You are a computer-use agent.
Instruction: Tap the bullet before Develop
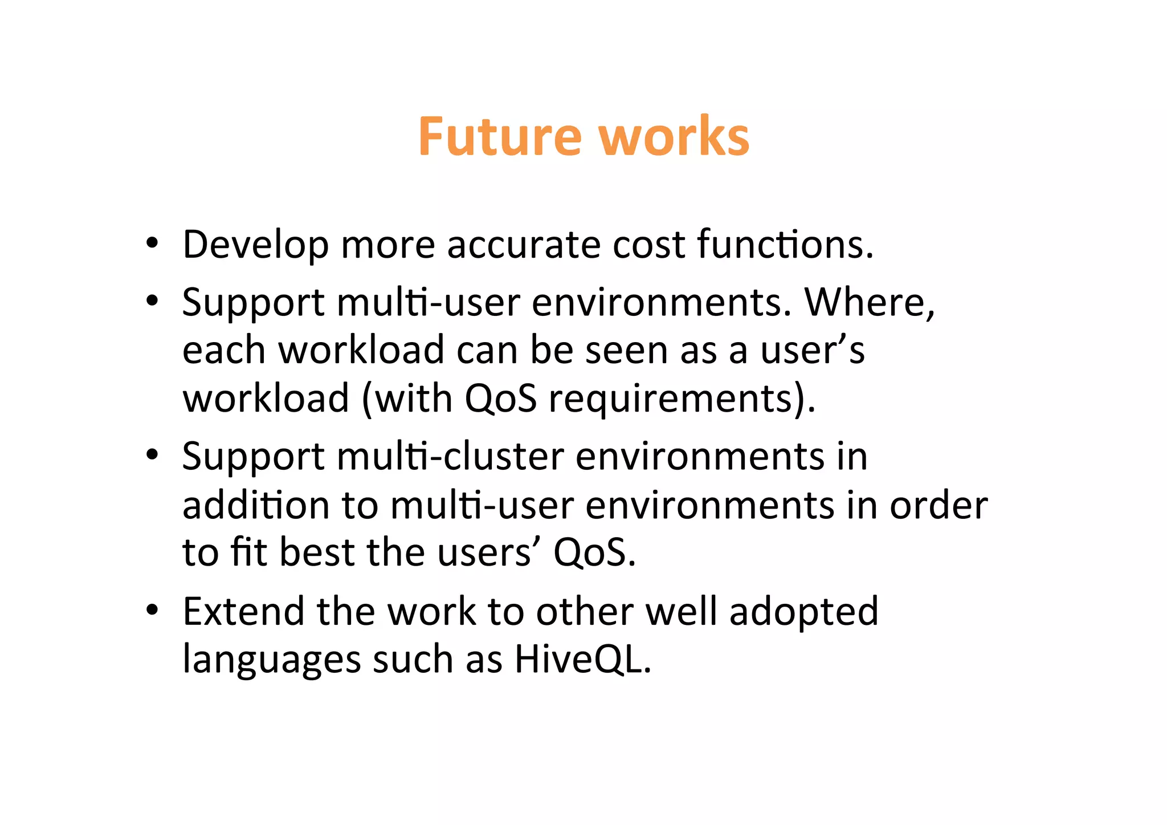pos(152,243)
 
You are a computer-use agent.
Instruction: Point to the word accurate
pos(523,244)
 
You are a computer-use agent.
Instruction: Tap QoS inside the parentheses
pos(500,398)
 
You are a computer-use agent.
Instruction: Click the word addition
pos(256,505)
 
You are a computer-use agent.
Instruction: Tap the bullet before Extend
pos(152,611)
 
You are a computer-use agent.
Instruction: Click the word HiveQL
pos(582,660)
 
